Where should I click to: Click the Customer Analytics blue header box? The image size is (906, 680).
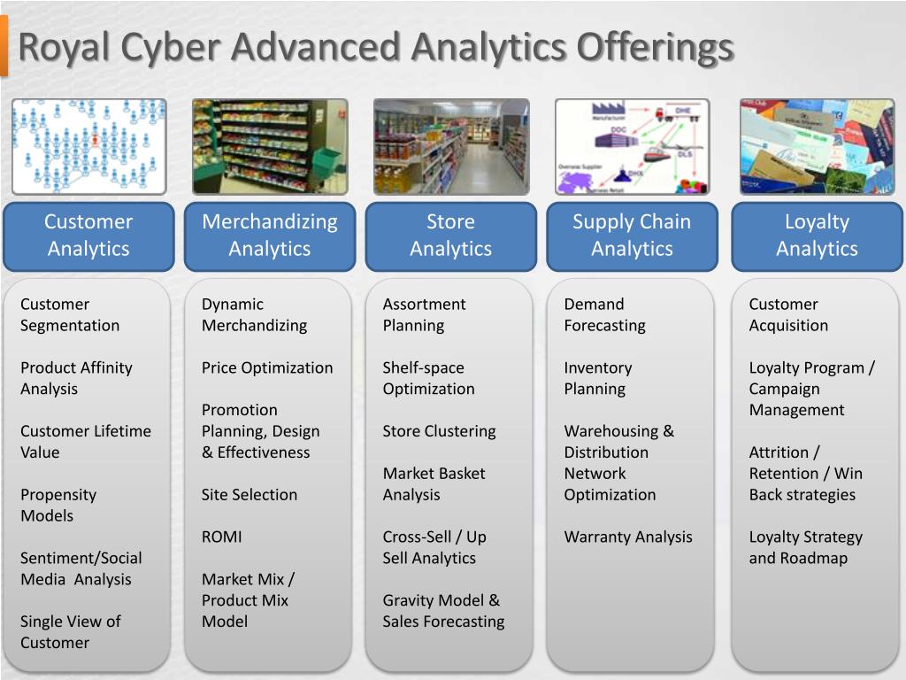88,236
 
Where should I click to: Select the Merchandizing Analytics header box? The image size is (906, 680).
270,236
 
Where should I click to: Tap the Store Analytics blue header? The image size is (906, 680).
450,236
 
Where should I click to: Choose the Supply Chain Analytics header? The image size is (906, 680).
632,236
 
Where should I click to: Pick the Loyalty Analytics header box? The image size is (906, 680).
817,236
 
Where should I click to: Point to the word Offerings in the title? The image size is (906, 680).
655,46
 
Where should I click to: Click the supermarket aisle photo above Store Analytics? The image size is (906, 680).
451,146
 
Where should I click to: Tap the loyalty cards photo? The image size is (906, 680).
817,146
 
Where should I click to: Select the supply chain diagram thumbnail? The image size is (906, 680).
632,146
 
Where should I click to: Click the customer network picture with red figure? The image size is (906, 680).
88,146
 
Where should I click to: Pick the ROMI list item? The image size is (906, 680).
221,537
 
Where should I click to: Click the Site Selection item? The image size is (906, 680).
250,494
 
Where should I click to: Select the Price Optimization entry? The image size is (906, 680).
267,367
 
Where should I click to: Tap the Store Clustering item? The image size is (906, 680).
439,431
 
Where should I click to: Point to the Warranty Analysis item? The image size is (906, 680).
628,537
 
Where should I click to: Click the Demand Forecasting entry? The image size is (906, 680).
605,314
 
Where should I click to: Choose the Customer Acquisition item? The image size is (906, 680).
788,314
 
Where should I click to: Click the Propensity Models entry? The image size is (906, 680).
58,505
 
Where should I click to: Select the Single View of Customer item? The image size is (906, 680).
70,632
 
